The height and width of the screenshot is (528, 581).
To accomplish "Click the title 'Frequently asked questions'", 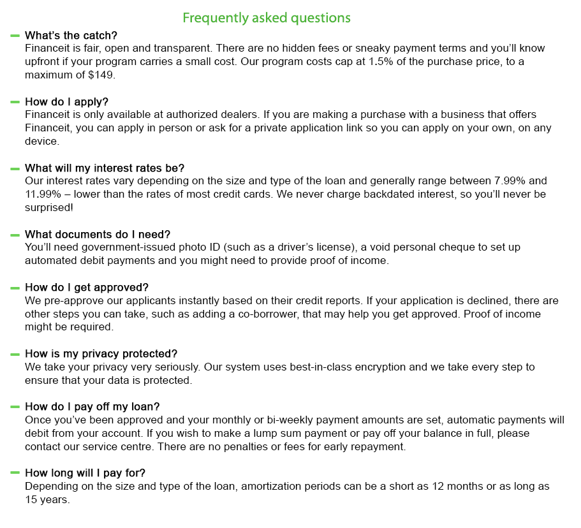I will [267, 17].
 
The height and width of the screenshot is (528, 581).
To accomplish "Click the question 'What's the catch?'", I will [71, 35].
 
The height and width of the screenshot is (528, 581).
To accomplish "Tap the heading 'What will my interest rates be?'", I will [105, 168].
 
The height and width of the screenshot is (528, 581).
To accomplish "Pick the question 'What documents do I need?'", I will [98, 234].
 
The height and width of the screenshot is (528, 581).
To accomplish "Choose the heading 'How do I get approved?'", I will [87, 288].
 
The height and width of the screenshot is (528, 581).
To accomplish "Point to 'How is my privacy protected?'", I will [101, 354].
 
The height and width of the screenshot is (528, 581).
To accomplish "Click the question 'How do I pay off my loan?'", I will [92, 406].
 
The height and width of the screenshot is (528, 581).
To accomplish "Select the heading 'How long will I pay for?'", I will [89, 473].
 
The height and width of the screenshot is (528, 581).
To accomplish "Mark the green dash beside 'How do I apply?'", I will [15, 101].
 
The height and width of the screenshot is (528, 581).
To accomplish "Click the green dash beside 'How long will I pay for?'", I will [15, 473].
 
